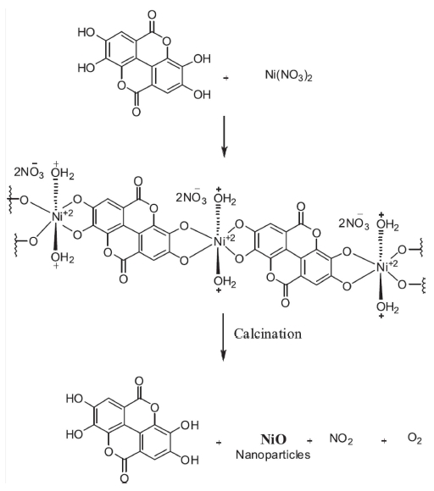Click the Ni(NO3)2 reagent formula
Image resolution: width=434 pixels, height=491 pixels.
(289, 75)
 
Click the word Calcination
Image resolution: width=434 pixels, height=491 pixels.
(268, 334)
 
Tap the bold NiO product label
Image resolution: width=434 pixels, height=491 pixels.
(274, 439)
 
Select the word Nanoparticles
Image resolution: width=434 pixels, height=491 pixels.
(273, 455)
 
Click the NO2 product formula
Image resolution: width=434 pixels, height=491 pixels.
(341, 439)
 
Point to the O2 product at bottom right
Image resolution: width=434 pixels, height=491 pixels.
(415, 439)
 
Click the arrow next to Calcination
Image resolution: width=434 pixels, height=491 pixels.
(223, 337)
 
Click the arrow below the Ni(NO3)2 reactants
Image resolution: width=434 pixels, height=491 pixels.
(223, 136)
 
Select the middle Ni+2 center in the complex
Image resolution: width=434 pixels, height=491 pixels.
(224, 240)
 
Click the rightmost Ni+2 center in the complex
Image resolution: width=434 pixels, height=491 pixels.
(387, 266)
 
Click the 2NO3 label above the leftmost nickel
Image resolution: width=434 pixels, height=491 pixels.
(29, 172)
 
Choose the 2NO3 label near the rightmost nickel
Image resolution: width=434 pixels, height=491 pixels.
(354, 223)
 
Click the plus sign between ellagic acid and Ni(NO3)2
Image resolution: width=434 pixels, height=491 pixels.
(225, 78)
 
